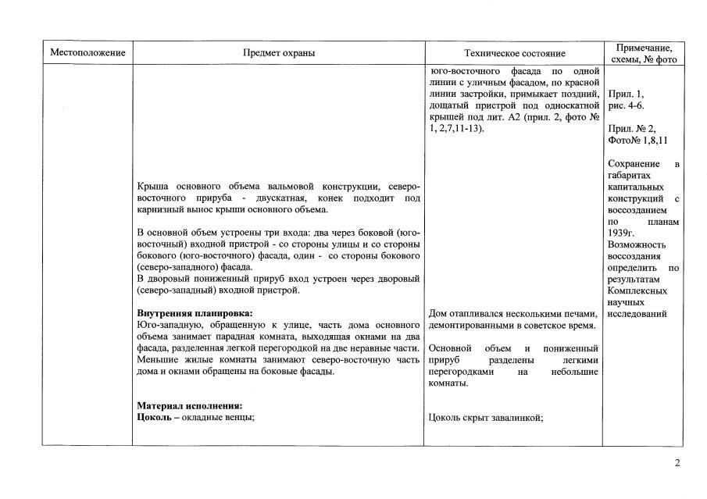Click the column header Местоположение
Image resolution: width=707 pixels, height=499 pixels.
tap(87, 53)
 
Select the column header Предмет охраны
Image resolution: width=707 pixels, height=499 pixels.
tap(279, 53)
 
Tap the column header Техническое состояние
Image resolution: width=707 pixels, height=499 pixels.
tap(514, 53)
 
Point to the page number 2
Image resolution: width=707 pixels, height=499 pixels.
tap(677, 463)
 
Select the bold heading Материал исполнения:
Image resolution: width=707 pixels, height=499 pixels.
tap(189, 406)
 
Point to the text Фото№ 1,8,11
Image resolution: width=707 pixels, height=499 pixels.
tap(637, 141)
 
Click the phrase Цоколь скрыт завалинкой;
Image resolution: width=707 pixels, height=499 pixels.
tap(486, 417)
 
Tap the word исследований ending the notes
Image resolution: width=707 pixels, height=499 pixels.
tap(637, 314)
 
